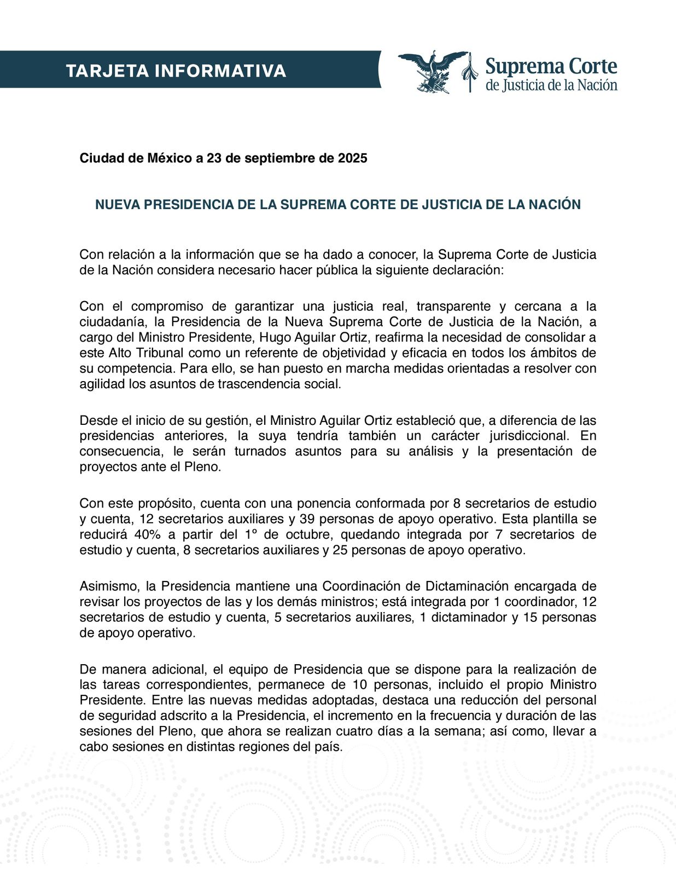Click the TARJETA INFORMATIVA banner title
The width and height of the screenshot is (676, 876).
[x=176, y=71]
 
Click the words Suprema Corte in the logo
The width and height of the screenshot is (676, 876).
[x=551, y=67]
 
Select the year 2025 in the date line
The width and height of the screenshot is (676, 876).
[x=352, y=158]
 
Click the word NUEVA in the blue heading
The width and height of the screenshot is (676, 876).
[x=114, y=205]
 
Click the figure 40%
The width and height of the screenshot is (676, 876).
[x=147, y=534]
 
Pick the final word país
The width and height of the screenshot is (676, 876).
[x=329, y=747]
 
